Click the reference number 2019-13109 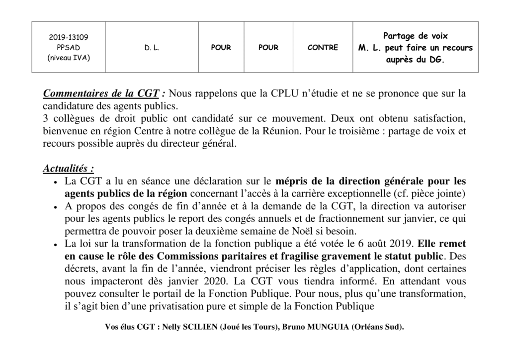point(69,37)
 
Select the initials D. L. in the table point(152,48)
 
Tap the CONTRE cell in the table point(323,48)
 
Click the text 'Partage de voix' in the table point(416,36)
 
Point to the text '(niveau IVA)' point(69,58)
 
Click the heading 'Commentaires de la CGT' point(101,93)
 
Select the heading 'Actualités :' point(69,169)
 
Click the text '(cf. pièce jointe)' point(432,193)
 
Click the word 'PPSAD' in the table point(69,48)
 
